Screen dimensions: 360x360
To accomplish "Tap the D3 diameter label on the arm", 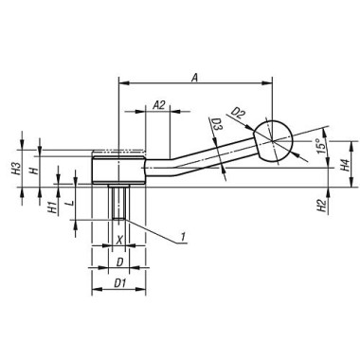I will (217, 124).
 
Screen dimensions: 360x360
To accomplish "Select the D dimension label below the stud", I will (118, 261).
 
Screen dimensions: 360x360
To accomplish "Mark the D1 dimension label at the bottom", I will (118, 282).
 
